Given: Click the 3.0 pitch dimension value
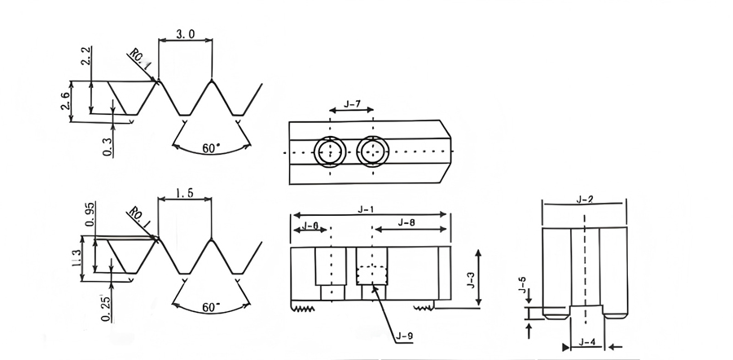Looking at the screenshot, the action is (x=185, y=34).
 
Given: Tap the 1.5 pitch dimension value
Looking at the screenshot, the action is (x=185, y=193).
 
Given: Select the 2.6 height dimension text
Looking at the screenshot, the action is (x=65, y=100).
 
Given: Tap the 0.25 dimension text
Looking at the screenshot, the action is (x=108, y=309).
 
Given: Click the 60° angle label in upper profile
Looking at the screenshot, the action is (x=211, y=149).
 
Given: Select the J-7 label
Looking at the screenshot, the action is (x=352, y=104).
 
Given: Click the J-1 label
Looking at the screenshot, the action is (x=366, y=209).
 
